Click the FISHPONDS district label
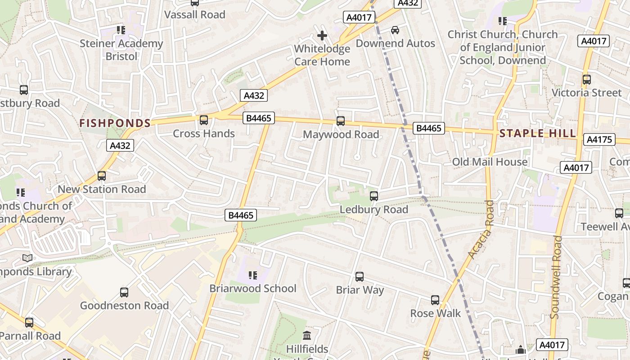point(115,123)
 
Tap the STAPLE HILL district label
point(537,133)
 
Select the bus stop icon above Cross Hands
point(204,120)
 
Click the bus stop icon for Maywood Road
point(341,121)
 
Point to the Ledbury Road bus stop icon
point(374,196)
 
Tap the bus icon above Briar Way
point(360,277)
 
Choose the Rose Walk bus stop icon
point(435,300)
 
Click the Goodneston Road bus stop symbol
point(124,292)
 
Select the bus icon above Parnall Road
point(29,323)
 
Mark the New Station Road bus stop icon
point(102,176)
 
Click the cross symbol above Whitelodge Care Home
point(322,36)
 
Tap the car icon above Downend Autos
point(395,30)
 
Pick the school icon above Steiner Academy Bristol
point(121,30)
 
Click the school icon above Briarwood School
point(252,275)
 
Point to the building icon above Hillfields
point(307,335)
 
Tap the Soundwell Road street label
point(556,277)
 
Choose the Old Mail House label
point(490,162)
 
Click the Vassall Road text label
point(195,15)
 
